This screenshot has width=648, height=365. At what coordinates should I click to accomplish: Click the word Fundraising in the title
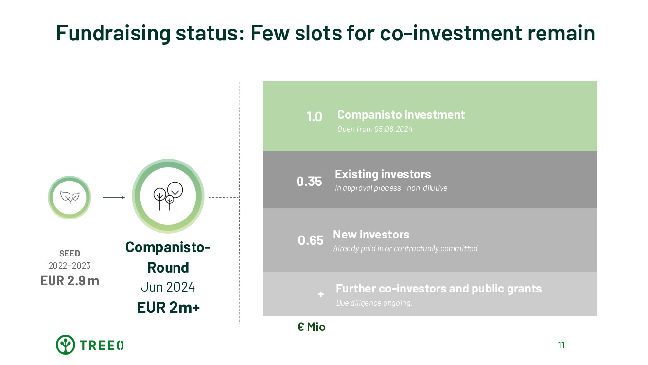tap(113, 33)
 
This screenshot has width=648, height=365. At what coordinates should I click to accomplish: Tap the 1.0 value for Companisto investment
tap(314, 117)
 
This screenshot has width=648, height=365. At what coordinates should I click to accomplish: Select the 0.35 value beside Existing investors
tap(309, 182)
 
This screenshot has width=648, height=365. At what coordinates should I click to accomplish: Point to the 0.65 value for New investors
tap(311, 240)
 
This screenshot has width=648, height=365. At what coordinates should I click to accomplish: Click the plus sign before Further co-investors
tap(320, 294)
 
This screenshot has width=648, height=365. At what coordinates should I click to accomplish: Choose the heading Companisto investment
tap(401, 115)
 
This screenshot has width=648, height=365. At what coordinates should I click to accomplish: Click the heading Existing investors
tap(383, 174)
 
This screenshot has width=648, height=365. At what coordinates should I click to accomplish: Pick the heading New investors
tap(371, 235)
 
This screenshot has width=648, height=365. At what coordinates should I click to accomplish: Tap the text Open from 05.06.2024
tap(375, 129)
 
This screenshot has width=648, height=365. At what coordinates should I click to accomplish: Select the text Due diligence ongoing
tap(374, 303)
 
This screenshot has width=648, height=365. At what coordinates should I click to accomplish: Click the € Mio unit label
tap(311, 327)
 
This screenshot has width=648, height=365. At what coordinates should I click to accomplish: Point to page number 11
tap(561, 346)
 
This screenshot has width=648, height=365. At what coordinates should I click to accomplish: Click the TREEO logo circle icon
tap(65, 345)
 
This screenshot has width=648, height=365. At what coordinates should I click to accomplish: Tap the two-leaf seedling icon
tap(70, 197)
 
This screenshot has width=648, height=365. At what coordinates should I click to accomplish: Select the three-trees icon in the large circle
tap(168, 196)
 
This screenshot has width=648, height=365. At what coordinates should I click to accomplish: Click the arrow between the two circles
tap(114, 197)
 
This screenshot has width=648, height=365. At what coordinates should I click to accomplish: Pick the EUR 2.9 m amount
tap(70, 281)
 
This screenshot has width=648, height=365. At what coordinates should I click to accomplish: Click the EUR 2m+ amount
tap(168, 308)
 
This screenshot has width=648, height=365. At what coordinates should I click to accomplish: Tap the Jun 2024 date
tap(168, 287)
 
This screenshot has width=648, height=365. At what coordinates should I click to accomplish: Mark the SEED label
tap(70, 254)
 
